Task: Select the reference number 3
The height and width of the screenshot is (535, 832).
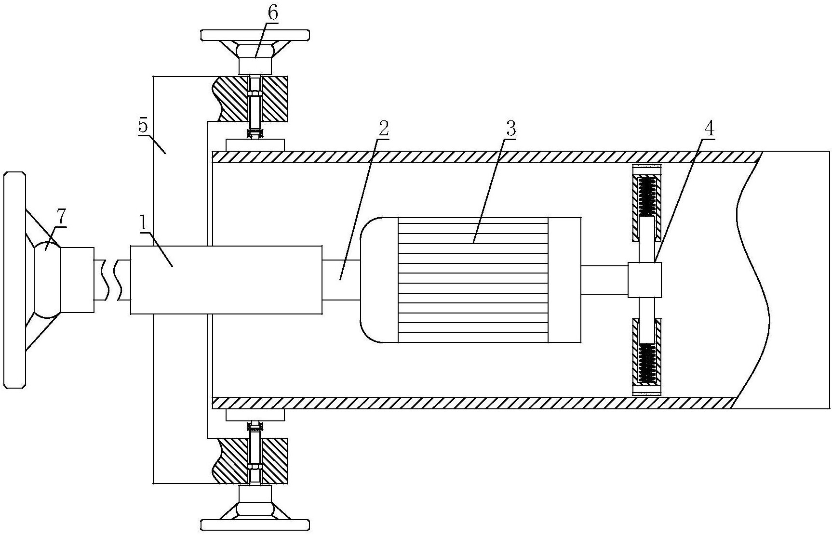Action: [x=510, y=129]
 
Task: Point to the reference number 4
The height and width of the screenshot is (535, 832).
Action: [x=708, y=129]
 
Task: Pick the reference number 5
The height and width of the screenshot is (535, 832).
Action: [x=143, y=126]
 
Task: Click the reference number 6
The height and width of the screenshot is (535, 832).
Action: [x=272, y=13]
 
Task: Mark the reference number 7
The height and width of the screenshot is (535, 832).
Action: [x=61, y=218]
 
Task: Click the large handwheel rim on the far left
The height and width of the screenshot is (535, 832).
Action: [x=13, y=279]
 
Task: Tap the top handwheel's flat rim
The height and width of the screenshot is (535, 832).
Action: [x=255, y=35]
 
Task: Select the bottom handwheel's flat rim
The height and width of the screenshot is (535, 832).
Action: [x=255, y=524]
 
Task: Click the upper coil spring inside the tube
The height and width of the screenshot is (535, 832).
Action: [x=647, y=196]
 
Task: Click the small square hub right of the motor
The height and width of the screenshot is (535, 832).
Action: [x=645, y=279]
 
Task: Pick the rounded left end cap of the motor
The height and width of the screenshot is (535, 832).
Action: [x=379, y=280]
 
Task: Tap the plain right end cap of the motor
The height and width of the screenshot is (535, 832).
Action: [x=564, y=280]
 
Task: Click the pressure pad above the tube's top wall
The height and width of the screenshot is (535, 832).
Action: [x=255, y=144]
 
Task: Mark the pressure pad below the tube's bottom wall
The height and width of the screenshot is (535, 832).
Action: [x=255, y=415]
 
